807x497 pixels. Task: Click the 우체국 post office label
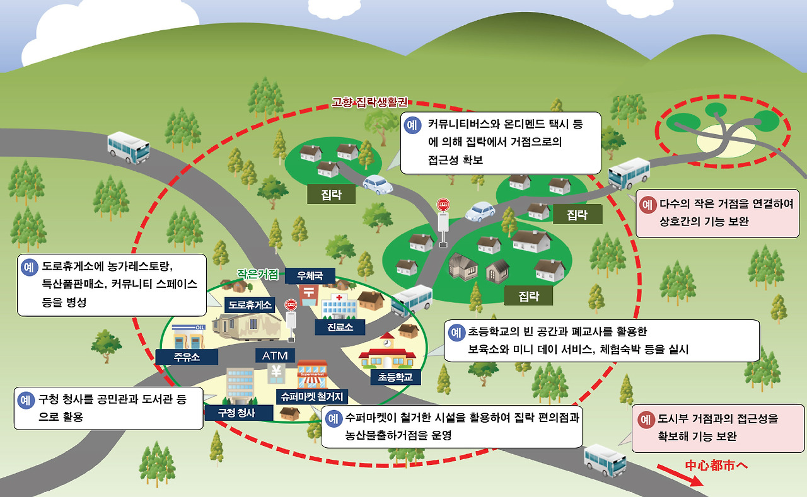310,276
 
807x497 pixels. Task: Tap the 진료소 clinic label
340,328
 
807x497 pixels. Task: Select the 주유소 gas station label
187,357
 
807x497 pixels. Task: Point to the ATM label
275,355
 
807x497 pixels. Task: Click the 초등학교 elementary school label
395,377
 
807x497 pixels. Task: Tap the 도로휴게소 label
250,305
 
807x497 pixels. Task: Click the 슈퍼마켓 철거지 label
312,397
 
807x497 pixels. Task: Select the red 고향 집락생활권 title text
369,102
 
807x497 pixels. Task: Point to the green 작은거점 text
258,275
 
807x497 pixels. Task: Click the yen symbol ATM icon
276,373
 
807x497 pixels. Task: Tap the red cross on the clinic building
339,297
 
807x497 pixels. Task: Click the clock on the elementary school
387,343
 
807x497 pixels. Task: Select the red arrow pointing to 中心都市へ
680,476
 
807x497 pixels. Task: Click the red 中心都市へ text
716,466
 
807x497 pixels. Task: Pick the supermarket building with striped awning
312,374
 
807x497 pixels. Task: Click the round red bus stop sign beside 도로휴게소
291,305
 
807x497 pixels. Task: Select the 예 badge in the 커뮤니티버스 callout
412,125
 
